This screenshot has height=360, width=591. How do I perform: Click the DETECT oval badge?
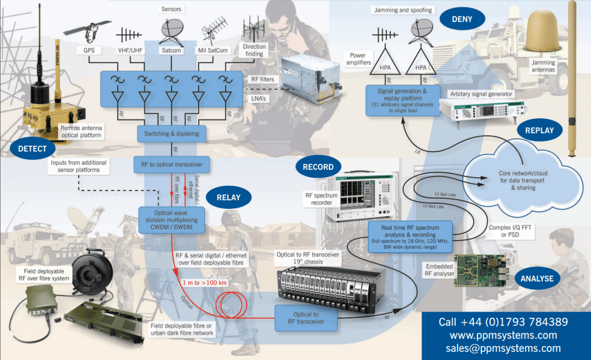[29, 148]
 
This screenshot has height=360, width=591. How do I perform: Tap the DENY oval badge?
[463, 19]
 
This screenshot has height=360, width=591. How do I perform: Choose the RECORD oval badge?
[317, 167]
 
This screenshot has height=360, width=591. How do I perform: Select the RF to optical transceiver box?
[171, 164]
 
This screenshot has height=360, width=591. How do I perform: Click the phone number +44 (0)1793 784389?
[503, 321]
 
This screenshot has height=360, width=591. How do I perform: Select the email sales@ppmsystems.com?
[503, 348]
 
